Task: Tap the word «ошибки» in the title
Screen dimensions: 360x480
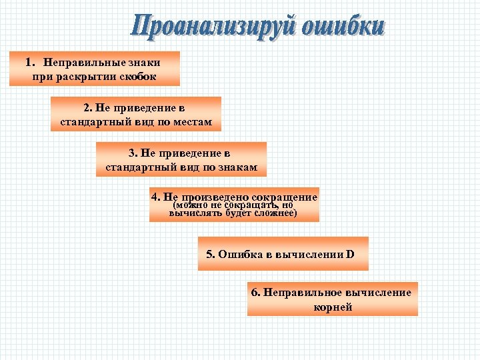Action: (343, 27)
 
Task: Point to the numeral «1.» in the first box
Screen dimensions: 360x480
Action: (30, 62)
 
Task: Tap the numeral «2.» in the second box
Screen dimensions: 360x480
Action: (89, 107)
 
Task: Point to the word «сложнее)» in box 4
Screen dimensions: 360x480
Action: (276, 214)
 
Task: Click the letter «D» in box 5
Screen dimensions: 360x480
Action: (350, 254)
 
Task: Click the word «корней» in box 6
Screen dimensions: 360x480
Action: (333, 307)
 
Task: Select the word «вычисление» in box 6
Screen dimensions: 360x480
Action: (377, 292)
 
